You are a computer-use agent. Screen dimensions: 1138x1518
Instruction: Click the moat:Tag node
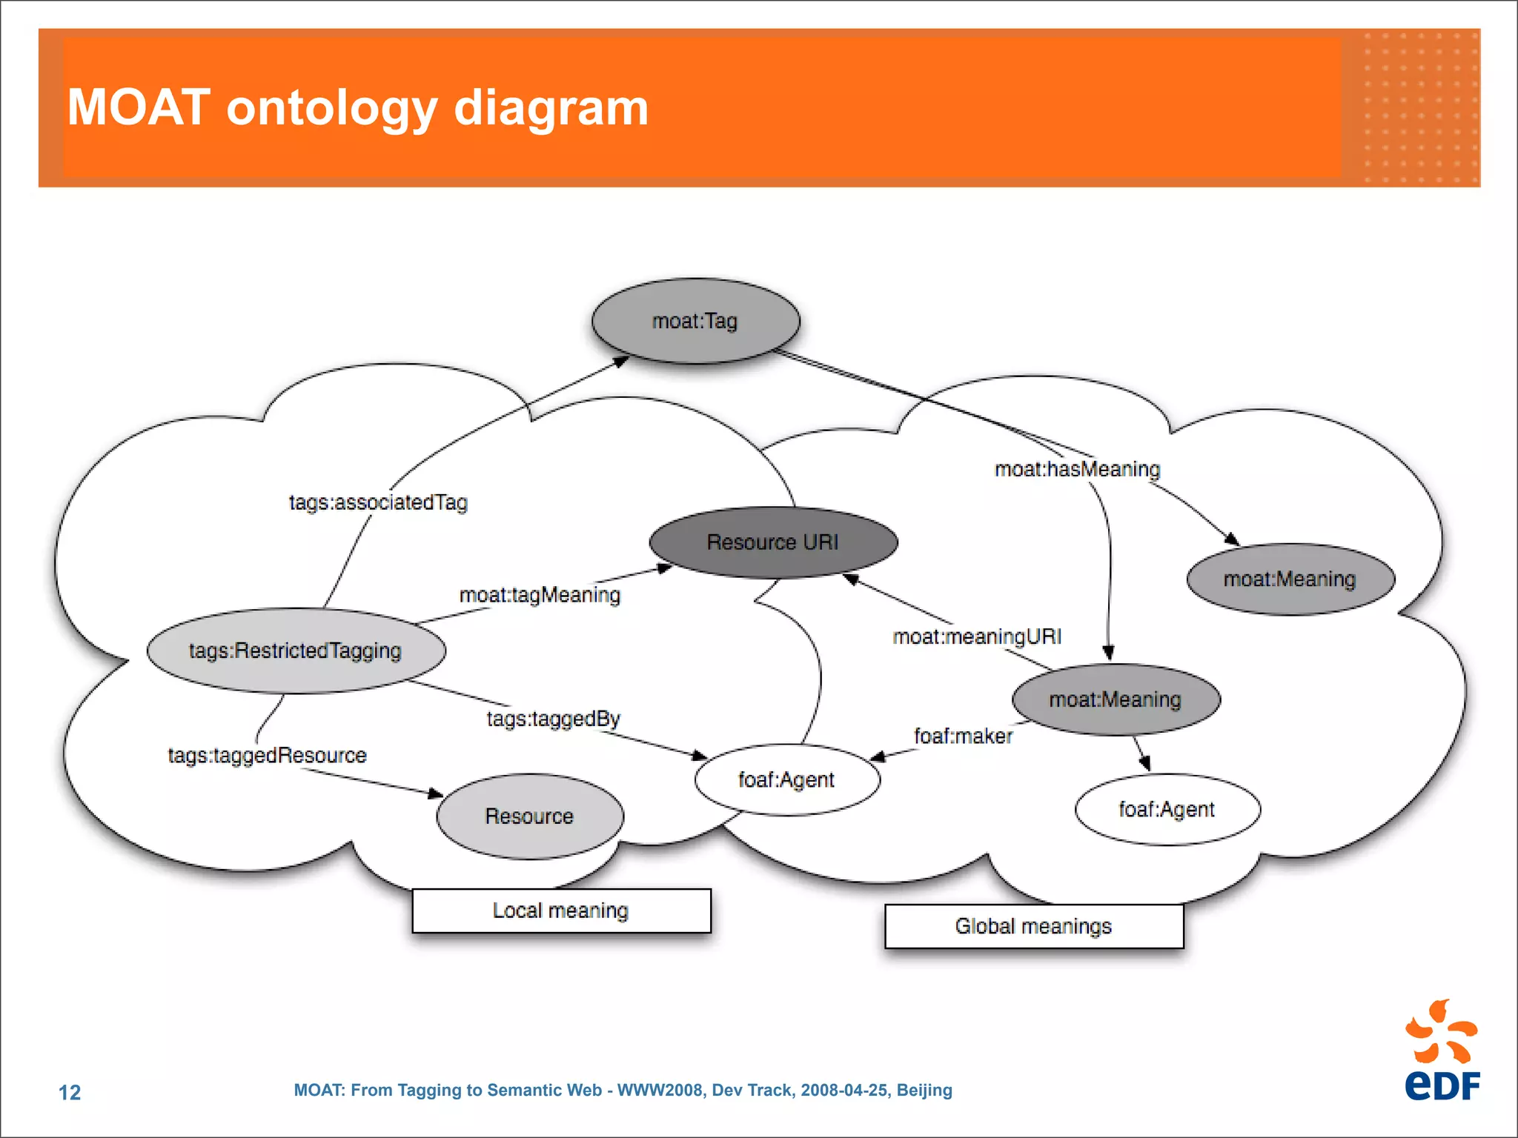695,321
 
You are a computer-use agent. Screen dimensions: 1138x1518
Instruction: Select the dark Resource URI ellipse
772,542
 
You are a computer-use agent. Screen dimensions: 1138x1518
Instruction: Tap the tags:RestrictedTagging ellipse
296,650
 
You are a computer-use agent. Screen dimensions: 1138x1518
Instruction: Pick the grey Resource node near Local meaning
529,816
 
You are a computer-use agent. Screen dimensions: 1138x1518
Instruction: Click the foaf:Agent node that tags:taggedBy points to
786,779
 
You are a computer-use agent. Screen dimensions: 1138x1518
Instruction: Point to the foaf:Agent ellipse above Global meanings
1167,809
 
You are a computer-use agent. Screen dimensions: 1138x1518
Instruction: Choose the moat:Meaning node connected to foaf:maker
1115,699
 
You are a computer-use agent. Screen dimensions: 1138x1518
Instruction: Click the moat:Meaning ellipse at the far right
1290,579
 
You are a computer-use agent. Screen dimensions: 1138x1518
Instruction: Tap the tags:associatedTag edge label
378,502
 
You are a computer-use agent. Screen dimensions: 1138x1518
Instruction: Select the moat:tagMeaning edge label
540,595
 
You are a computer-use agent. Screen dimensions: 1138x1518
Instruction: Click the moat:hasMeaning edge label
1077,469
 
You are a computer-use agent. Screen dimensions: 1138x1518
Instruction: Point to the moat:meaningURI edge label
977,636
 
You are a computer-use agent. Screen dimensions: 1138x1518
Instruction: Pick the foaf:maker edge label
963,736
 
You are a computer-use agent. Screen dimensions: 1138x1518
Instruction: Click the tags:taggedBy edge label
553,719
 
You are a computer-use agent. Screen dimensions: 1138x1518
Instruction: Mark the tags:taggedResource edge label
267,755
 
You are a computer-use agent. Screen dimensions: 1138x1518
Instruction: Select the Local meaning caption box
561,911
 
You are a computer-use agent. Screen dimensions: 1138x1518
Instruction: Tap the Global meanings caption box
1033,926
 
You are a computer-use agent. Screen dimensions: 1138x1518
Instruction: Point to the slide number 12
70,1092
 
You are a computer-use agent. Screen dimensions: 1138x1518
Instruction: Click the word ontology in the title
332,108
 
